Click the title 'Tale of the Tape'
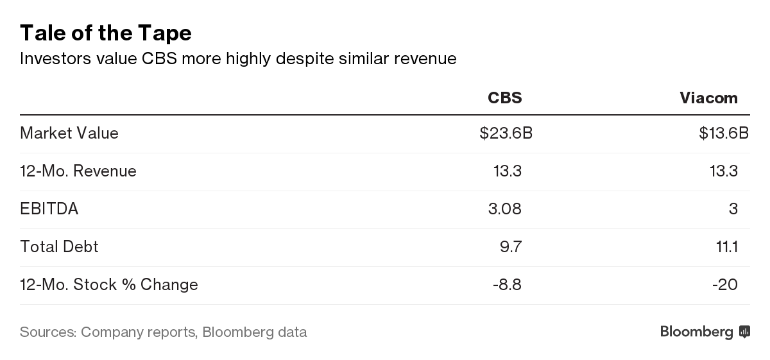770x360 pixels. click(106, 33)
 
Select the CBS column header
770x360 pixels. click(504, 98)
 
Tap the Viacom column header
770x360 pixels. click(708, 98)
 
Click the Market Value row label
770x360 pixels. click(69, 133)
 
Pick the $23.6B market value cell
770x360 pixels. click(506, 133)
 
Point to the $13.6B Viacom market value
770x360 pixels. click(724, 133)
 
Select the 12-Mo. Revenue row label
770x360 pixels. click(78, 171)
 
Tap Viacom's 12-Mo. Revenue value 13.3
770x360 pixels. click(724, 171)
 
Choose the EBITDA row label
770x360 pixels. click(49, 209)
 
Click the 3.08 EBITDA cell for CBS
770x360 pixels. click(506, 209)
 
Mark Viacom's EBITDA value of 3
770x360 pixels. click(733, 209)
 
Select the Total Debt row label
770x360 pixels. click(59, 247)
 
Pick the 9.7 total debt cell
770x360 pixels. click(511, 247)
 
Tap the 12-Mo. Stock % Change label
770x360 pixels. click(109, 285)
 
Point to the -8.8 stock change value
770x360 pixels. click(507, 285)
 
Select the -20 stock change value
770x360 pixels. click(725, 285)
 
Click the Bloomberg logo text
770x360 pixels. click(696, 332)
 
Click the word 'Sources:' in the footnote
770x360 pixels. click(47, 332)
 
